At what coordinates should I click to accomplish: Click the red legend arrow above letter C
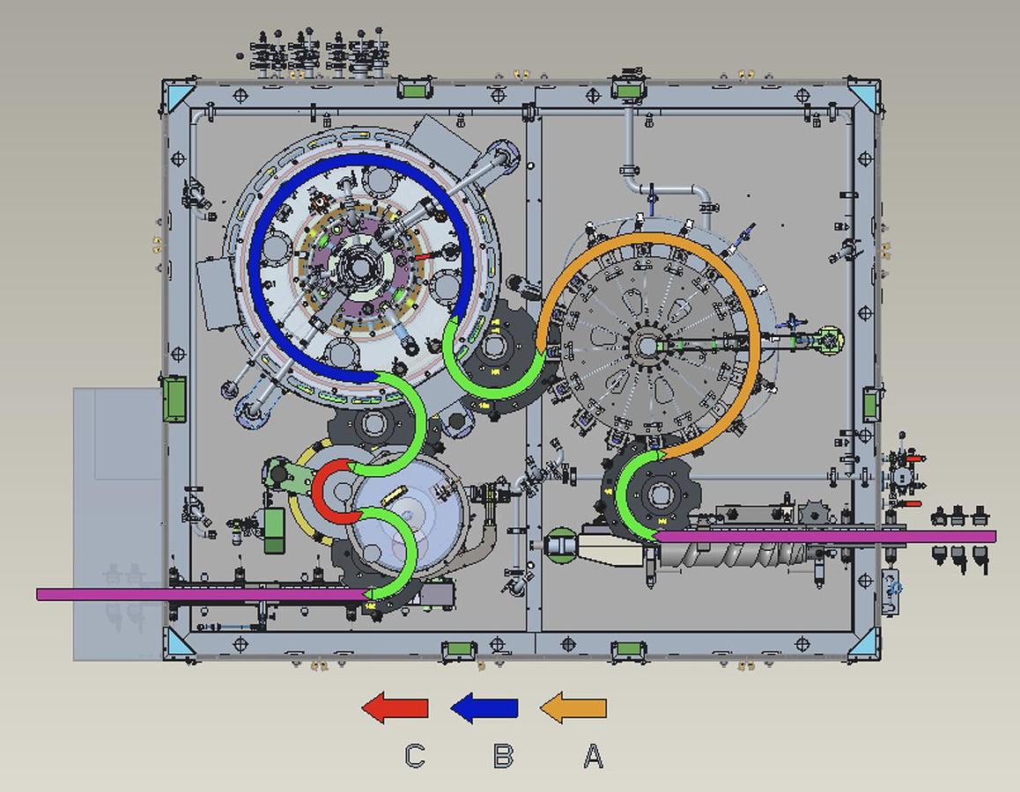395,708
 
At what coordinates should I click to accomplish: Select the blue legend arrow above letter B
484,708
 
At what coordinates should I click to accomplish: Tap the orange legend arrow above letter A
573,708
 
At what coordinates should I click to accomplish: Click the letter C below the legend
415,756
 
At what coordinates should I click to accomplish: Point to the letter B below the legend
504,756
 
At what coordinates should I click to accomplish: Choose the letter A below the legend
594,756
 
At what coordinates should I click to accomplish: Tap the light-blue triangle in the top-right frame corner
865,96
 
